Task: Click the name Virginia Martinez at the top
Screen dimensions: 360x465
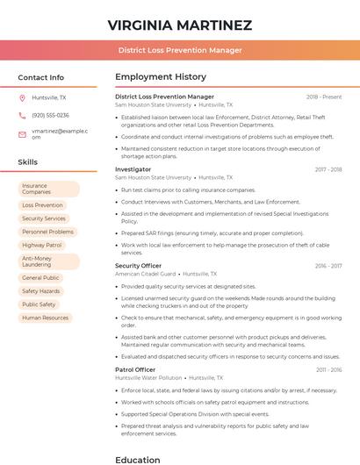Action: click(180, 25)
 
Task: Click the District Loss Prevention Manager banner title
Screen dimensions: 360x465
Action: click(180, 50)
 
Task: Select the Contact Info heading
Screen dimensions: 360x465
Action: click(41, 77)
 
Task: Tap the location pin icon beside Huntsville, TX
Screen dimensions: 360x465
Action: click(22, 98)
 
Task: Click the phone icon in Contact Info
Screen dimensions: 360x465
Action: click(22, 115)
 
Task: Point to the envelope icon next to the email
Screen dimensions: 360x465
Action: click(22, 133)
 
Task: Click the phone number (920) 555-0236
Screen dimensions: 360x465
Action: click(50, 115)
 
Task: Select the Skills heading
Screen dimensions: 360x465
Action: click(28, 162)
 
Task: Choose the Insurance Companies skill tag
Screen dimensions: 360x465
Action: click(48, 189)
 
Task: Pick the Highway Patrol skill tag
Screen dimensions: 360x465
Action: click(42, 245)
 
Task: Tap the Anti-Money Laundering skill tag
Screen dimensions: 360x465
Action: click(48, 261)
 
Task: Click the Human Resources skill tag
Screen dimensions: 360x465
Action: click(45, 318)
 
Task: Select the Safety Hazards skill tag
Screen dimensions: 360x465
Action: click(41, 290)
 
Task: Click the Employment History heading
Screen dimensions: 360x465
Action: click(161, 77)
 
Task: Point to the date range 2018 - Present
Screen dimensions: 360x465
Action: click(324, 97)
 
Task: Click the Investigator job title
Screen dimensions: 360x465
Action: click(133, 169)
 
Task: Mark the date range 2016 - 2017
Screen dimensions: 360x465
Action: click(328, 266)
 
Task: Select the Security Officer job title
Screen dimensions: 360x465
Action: click(138, 266)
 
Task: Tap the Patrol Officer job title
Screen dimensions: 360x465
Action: click(135, 370)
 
